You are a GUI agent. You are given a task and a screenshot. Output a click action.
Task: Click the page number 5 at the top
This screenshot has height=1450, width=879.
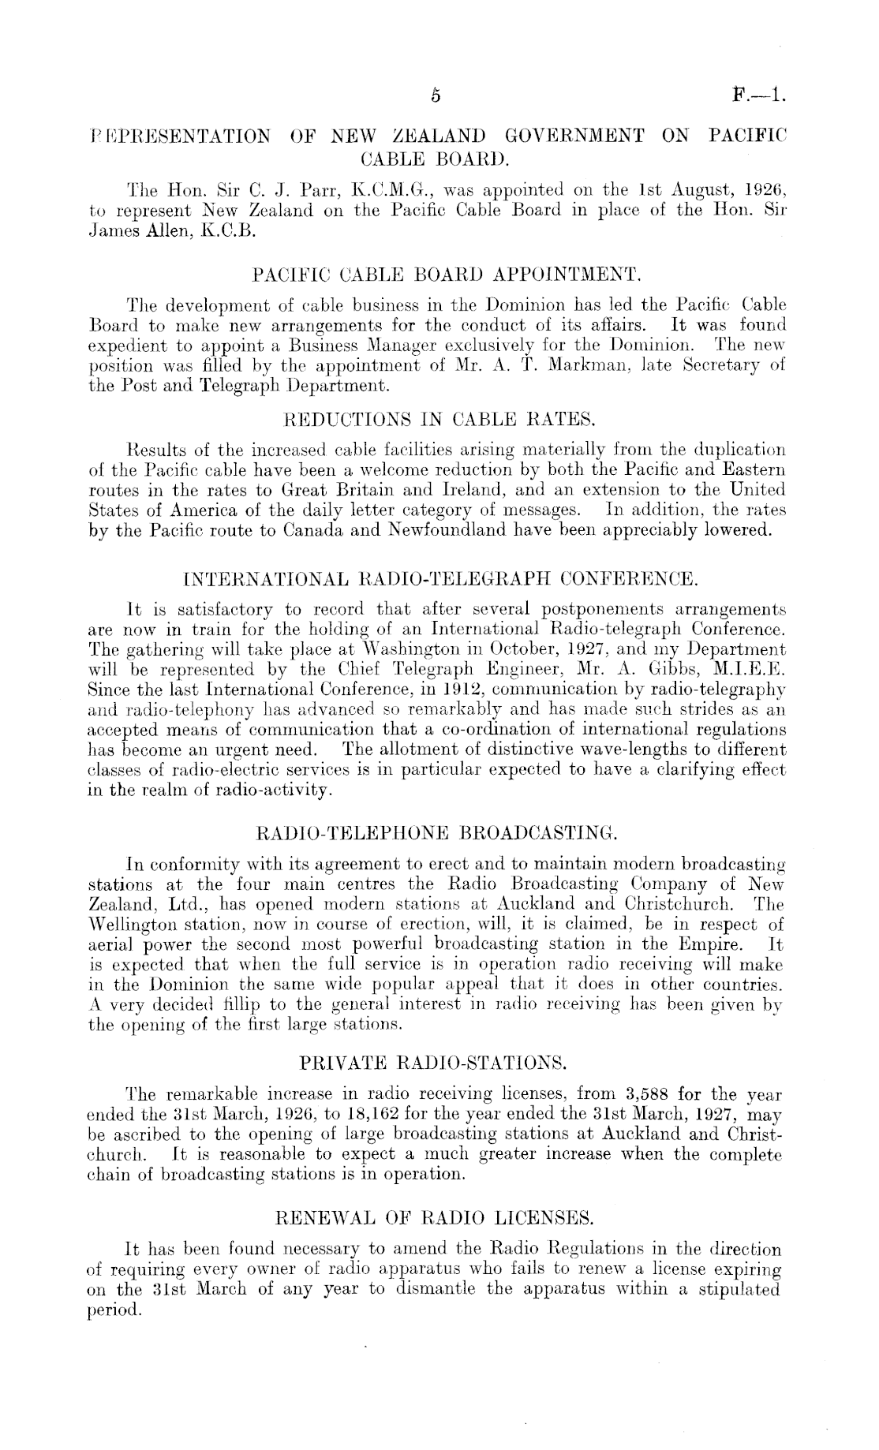tap(435, 97)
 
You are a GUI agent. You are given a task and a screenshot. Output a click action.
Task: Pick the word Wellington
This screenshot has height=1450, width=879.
tap(130, 923)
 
